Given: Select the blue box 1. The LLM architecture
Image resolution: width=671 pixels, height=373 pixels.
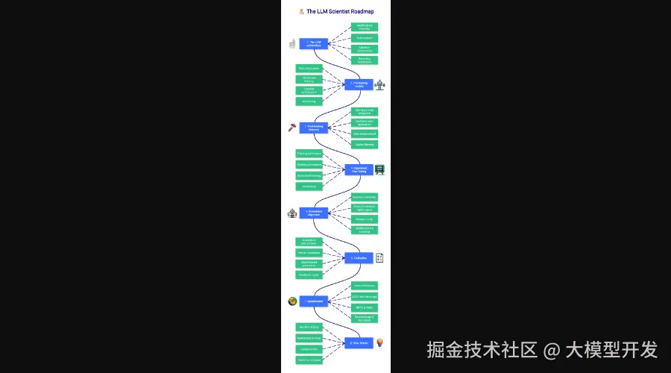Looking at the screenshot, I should [314, 43].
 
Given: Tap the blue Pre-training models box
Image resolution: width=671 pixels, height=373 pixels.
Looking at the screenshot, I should [359, 84].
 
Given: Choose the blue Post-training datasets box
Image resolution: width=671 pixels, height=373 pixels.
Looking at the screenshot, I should [314, 128].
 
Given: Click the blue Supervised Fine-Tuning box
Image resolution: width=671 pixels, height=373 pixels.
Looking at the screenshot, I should [359, 169].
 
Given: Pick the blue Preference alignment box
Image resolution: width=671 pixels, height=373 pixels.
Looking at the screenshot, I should [314, 213].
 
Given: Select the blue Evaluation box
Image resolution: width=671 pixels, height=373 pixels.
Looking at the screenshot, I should [359, 258].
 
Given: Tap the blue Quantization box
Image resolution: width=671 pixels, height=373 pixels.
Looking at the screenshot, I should [314, 301].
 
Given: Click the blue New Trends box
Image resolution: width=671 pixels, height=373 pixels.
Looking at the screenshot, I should [359, 343].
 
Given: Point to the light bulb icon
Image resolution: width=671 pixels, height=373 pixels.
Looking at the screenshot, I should [379, 343].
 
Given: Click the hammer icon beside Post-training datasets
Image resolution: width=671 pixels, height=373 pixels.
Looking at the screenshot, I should [292, 128].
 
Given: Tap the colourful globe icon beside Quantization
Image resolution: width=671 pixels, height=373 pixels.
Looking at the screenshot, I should [292, 301].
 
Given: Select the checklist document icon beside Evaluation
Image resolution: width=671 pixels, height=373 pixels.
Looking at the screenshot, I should [379, 258].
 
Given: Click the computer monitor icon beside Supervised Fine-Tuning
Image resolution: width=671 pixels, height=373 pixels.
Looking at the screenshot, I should [379, 169].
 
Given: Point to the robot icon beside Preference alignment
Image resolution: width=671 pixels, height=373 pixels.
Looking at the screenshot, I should [292, 213].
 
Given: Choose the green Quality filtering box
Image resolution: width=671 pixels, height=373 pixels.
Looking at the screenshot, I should [365, 145].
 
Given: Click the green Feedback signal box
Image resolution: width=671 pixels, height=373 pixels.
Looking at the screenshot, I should [309, 275].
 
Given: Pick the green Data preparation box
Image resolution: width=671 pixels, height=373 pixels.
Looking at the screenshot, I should [309, 68].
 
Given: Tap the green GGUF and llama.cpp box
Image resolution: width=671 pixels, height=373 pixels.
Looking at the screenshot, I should [365, 296].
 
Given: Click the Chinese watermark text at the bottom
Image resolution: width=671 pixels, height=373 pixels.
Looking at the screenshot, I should [542, 349].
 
